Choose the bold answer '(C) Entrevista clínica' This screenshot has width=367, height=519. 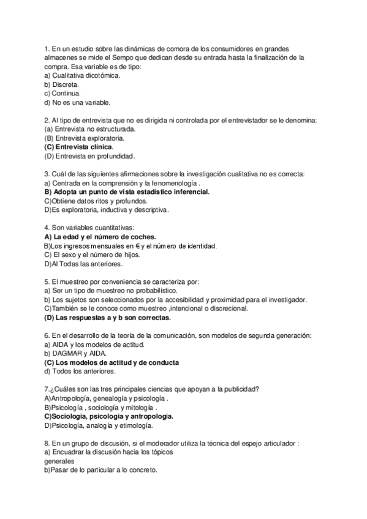tap(78, 147)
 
